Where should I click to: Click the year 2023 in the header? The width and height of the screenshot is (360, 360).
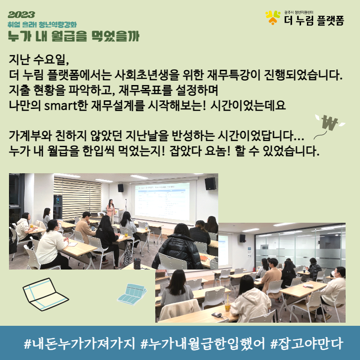21,15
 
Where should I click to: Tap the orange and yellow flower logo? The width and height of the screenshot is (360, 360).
273,18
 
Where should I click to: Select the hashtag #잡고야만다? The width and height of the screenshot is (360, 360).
307,343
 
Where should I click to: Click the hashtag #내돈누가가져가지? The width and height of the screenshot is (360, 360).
80,343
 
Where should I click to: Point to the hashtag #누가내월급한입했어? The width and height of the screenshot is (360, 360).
203,343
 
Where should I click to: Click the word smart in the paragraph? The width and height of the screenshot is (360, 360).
61,105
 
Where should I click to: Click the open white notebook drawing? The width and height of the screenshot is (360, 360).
45,294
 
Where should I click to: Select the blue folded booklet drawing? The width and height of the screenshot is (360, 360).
132,294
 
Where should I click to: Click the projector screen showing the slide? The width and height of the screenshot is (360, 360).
162,201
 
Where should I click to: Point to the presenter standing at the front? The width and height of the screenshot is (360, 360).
111,211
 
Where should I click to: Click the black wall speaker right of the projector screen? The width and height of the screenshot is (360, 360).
210,184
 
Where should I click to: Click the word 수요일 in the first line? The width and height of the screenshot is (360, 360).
51,59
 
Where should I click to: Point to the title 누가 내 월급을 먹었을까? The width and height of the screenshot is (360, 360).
74,36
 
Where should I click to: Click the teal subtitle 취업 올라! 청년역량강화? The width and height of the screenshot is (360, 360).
42,25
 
